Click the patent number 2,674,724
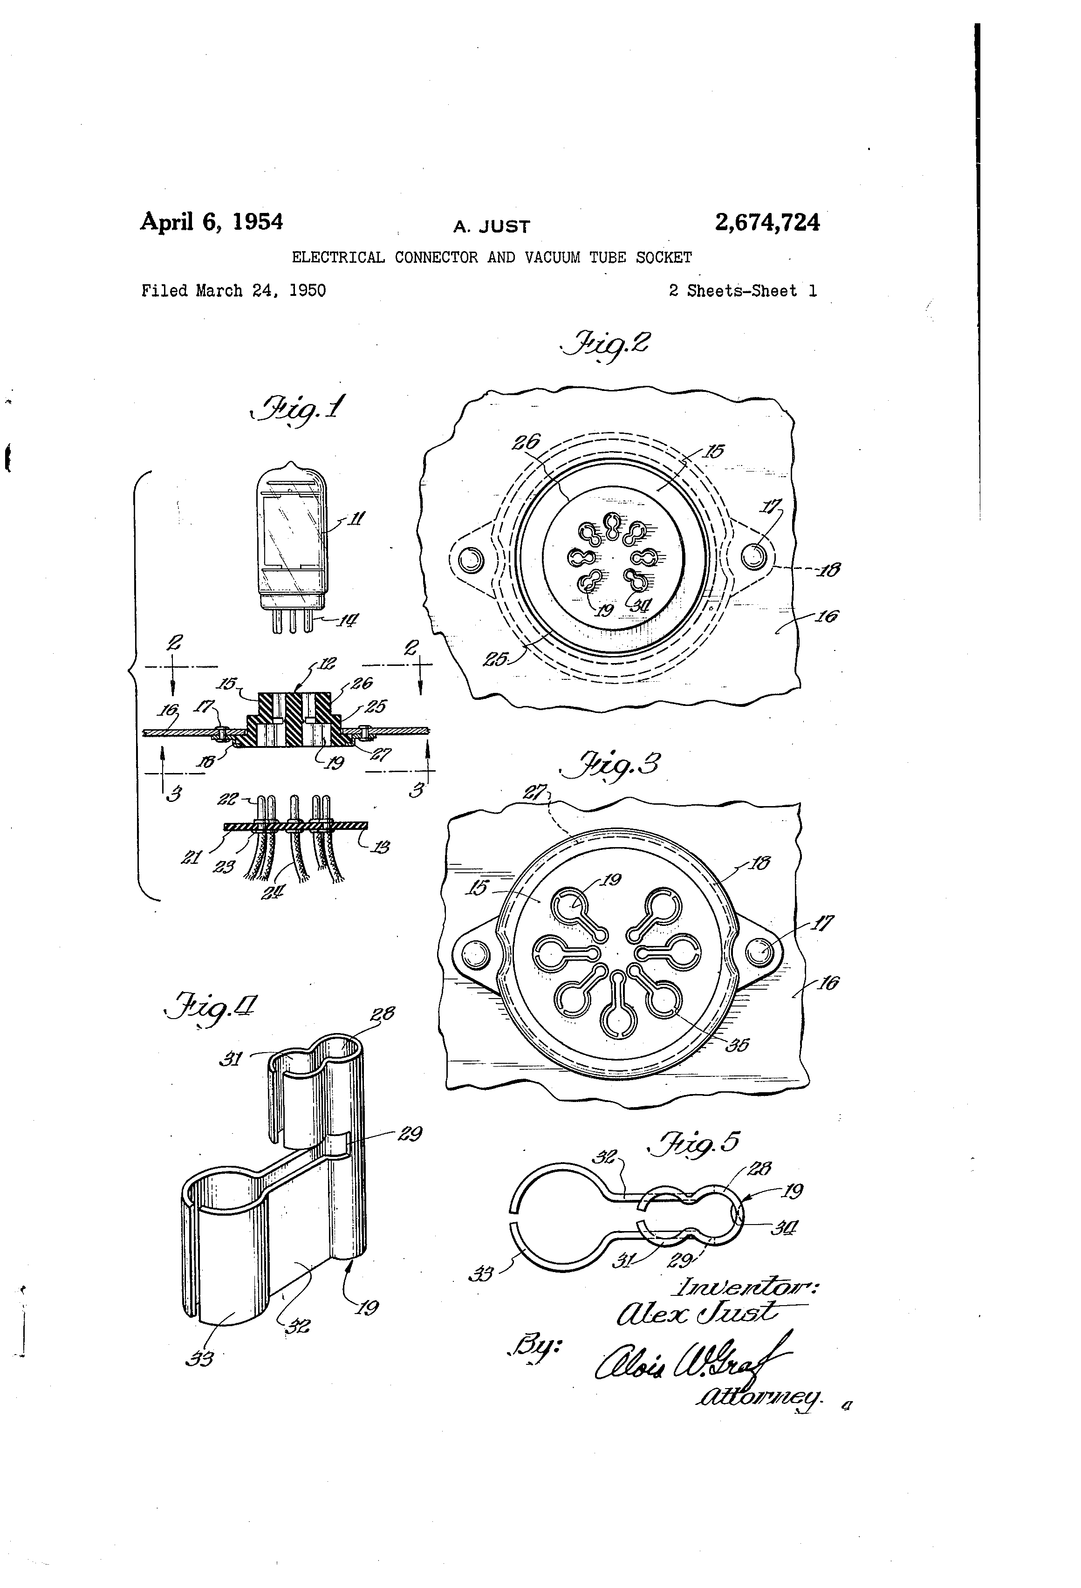pos(766,223)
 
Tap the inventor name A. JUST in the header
pos(491,226)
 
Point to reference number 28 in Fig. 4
pos(382,1013)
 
